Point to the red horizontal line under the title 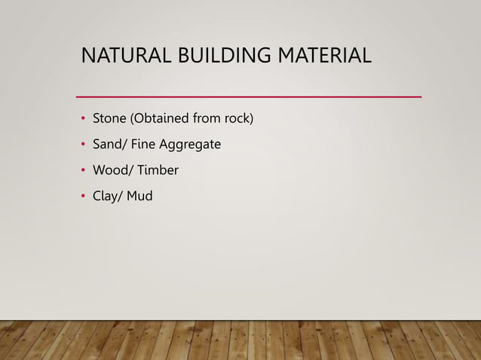pyautogui.click(x=250, y=97)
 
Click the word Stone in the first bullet pyautogui.click(x=110, y=119)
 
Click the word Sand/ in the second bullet pyautogui.click(x=109, y=145)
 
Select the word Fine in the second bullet pyautogui.click(x=143, y=145)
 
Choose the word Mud pyautogui.click(x=140, y=197)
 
